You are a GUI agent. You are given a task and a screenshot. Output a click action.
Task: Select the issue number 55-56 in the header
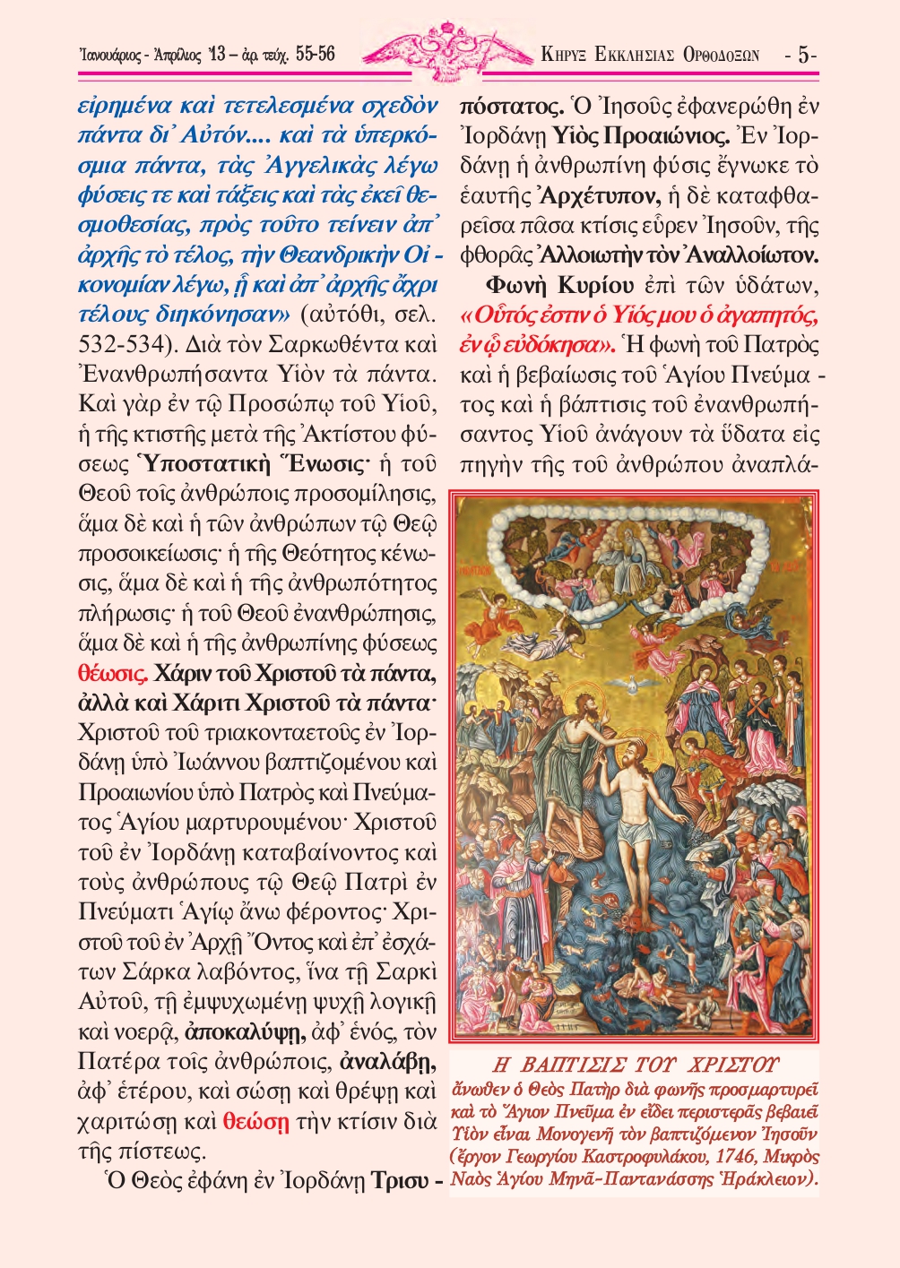pos(315,55)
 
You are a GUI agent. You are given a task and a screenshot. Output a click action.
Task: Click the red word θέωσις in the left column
pos(113,673)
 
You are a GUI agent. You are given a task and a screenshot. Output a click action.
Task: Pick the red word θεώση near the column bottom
pos(256,1121)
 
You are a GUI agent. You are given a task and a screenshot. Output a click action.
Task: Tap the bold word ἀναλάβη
pos(388,1062)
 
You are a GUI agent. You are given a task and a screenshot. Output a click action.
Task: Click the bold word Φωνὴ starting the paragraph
pos(518,285)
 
